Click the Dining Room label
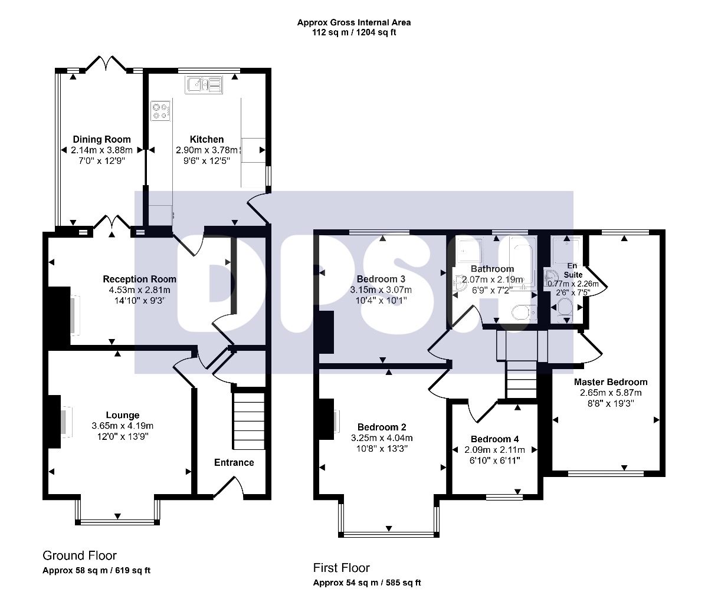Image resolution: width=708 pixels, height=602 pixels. point(101,139)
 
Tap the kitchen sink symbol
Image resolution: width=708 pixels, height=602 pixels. point(204,84)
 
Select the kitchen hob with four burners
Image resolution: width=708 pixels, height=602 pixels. point(160,111)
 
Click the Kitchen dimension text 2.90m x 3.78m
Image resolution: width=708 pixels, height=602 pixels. point(206,150)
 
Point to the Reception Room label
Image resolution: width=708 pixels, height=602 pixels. point(139,279)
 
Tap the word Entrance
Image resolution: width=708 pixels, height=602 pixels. point(234,462)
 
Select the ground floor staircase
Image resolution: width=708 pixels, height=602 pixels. point(249,420)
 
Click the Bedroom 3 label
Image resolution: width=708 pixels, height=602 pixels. point(381,279)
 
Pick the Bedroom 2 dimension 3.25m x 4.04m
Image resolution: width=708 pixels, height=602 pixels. point(382,437)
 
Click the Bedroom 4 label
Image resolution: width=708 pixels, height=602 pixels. point(494,439)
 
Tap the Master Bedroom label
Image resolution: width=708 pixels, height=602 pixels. point(611,382)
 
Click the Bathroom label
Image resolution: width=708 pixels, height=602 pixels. point(492,269)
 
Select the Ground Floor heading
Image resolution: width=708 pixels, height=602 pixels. point(80,555)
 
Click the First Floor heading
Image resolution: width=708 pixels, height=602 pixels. point(341,568)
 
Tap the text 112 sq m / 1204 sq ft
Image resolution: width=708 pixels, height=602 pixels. point(354,32)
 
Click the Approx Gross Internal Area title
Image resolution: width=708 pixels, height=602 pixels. point(354,22)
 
